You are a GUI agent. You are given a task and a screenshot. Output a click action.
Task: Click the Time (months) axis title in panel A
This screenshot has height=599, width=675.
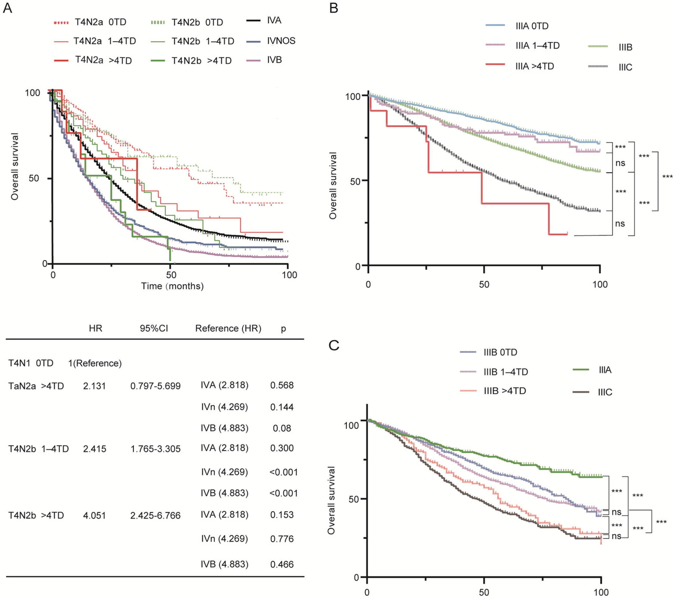tap(172, 286)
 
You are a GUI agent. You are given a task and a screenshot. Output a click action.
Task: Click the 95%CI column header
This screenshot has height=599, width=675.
tap(154, 328)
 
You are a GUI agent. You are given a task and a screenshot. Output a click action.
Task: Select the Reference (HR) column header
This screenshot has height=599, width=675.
tap(228, 328)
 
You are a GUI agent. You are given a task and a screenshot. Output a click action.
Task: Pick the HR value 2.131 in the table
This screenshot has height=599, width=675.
tap(95, 386)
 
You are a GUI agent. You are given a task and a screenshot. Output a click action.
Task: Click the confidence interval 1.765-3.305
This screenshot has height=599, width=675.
tap(156, 449)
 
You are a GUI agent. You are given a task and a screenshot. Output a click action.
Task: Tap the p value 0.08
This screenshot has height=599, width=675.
tap(282, 428)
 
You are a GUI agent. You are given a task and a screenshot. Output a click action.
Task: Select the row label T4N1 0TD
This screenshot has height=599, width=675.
tap(31, 363)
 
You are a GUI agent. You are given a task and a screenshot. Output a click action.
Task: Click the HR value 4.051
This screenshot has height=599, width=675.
tap(95, 515)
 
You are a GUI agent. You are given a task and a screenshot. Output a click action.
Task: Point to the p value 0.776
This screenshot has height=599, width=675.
tap(282, 539)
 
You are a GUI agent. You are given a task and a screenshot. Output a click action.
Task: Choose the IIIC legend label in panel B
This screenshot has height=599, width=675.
tap(625, 67)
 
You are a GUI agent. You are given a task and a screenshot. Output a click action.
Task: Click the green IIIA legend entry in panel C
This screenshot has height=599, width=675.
tap(605, 370)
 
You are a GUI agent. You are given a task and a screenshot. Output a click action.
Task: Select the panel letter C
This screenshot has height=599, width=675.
tap(334, 345)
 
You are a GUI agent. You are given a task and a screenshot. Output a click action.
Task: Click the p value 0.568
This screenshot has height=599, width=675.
tap(282, 385)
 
